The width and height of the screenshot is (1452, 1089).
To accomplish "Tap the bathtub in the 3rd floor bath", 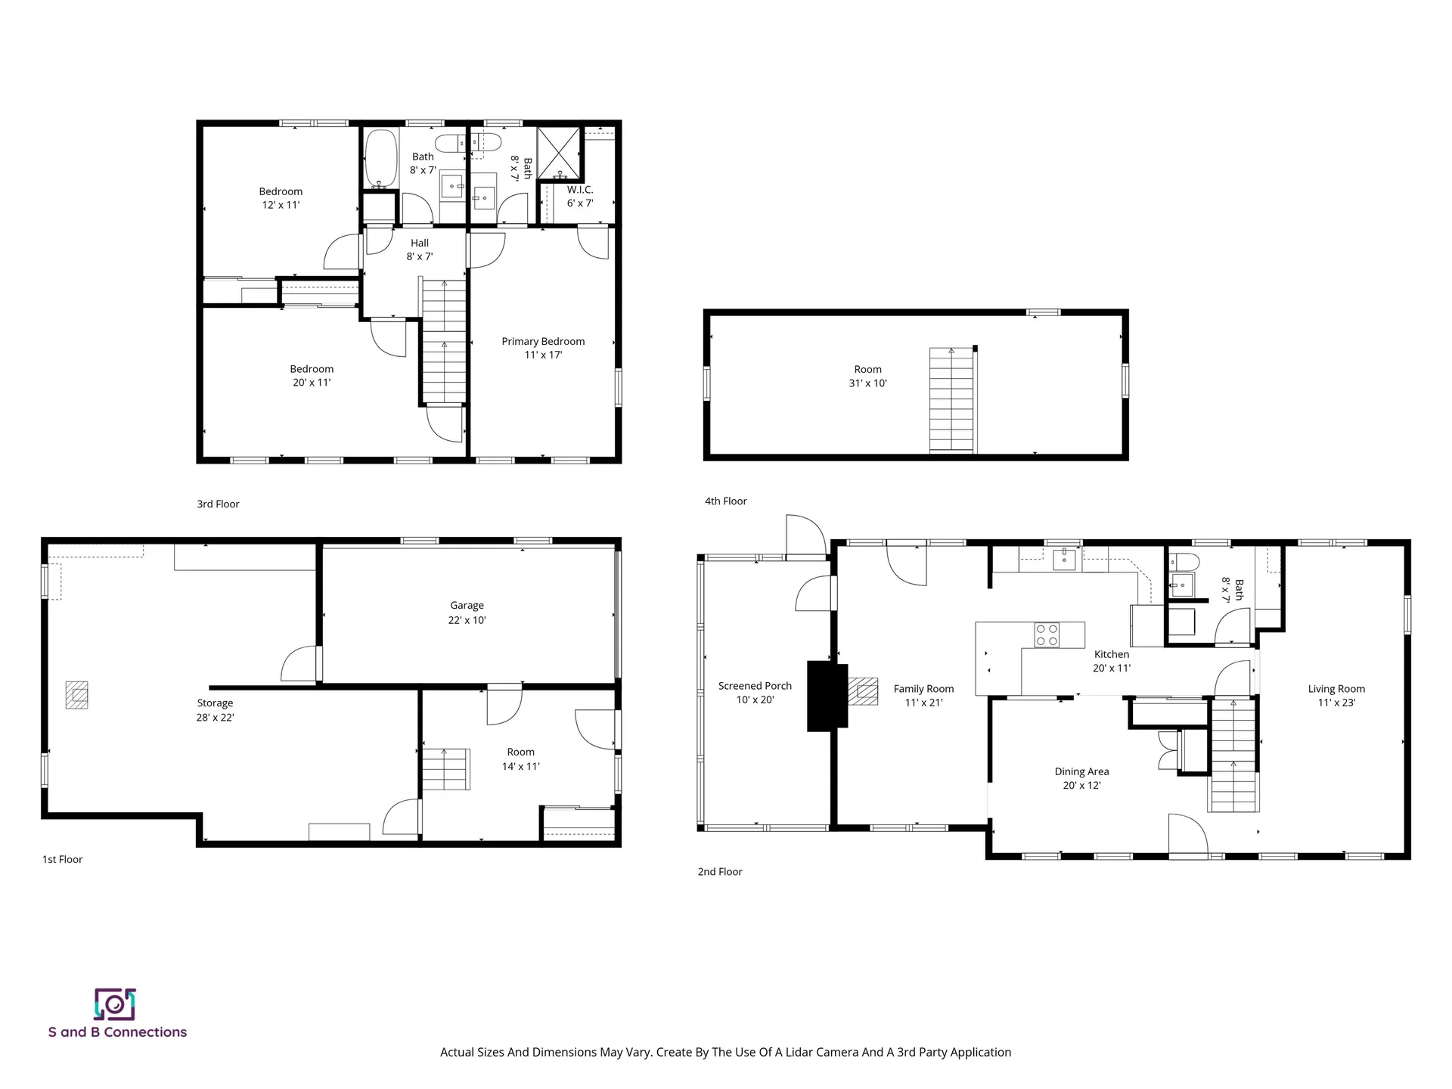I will pos(381,158).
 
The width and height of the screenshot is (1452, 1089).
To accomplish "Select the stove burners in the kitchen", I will pos(1047,634).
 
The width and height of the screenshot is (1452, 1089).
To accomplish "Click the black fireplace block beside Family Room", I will pos(827,696).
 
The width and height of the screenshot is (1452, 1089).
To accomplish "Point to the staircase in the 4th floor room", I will pos(952,401).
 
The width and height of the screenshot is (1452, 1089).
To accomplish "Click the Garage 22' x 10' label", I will pos(467,613).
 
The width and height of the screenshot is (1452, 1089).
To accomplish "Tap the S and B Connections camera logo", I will pos(115,1004).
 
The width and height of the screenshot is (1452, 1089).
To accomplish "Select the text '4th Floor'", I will pos(725,501).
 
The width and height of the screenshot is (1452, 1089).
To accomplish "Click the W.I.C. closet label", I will pos(580,191).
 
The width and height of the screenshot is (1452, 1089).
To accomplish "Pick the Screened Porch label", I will pos(755,686).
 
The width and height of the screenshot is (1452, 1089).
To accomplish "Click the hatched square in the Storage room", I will pos(76,695).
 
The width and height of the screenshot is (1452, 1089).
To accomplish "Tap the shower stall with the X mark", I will pos(559,152).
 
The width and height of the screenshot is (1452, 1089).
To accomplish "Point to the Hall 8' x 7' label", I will pos(420,250).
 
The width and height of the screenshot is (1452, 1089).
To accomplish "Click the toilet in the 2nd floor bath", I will pos(1184,561).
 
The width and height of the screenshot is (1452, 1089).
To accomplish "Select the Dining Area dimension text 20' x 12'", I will pos(1081,786).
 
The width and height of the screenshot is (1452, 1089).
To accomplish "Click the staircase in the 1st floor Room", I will pos(445,769).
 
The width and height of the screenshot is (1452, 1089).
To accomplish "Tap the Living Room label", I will pos(1336,689).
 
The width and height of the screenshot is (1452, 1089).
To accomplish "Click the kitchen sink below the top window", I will pos(1064,560).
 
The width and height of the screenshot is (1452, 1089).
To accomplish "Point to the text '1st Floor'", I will pos(62,859).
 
